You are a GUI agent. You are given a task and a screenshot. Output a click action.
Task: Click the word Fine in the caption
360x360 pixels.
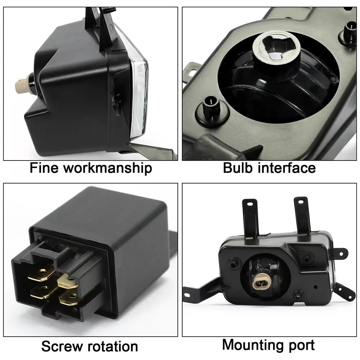(44, 168)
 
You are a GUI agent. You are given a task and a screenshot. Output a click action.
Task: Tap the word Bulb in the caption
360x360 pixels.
(237, 168)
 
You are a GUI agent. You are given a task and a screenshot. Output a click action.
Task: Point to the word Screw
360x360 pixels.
(61, 346)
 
